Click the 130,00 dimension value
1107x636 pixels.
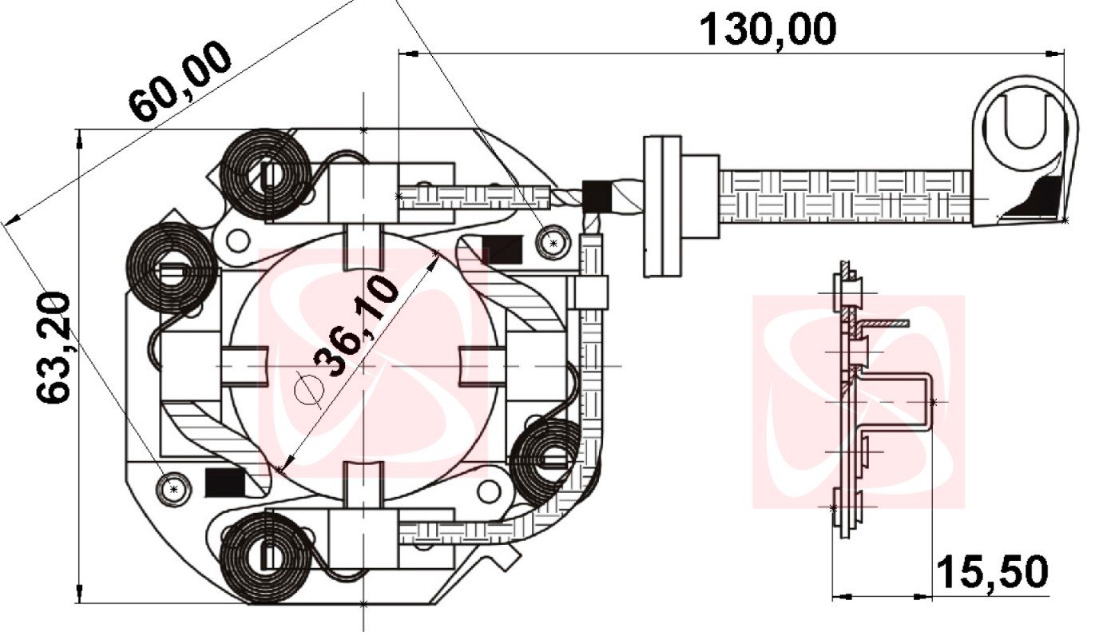[768, 30]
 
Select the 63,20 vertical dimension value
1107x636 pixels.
[54, 348]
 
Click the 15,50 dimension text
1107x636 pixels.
[992, 572]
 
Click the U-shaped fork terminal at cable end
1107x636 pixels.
[1025, 151]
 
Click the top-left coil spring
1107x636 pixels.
[266, 175]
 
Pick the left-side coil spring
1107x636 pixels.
[172, 268]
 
